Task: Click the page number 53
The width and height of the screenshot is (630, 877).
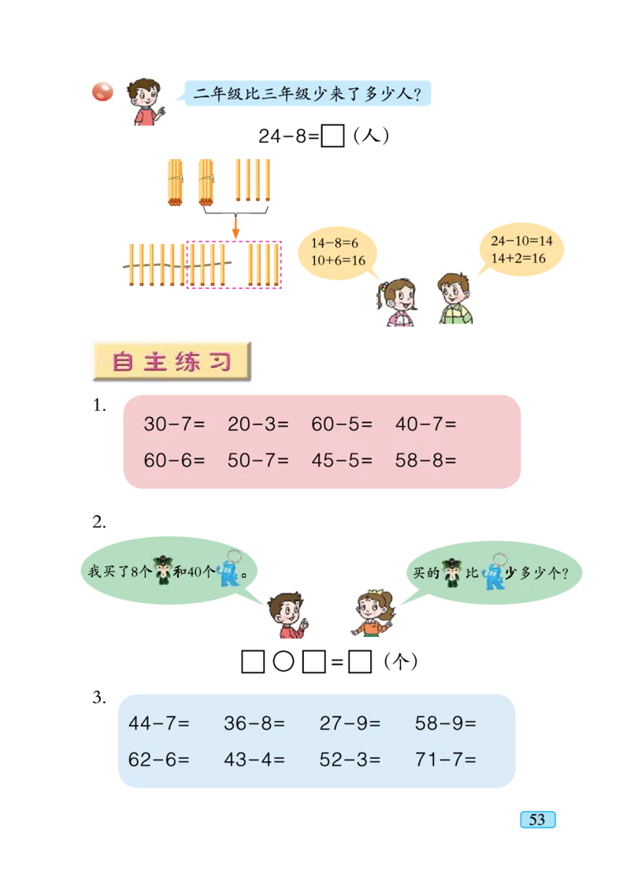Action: point(537,820)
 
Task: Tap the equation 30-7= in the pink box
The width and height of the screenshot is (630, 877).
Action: point(174,424)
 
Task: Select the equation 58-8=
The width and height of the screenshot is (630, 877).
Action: point(425,461)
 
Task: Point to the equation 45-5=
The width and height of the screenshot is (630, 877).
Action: point(342,461)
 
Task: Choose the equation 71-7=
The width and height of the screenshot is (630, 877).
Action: point(446,760)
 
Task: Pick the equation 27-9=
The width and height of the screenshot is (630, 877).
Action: point(350,723)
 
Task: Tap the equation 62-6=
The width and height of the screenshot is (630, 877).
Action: point(158,760)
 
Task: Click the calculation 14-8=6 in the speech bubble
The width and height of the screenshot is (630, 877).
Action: point(334,244)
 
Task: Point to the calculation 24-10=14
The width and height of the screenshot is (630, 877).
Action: point(521,241)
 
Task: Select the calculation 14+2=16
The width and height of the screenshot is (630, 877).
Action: point(518,258)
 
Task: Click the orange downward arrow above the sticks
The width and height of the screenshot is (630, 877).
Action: point(235,228)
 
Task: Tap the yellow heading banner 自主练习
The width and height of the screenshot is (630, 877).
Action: point(172,362)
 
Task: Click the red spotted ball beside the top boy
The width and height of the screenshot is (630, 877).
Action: point(102,94)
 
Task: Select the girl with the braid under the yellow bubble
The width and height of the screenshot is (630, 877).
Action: point(398,300)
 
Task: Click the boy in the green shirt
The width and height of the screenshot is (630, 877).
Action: point(454,299)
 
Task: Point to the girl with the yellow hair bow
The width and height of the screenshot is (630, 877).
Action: point(371,614)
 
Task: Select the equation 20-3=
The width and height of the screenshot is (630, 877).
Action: point(258,424)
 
